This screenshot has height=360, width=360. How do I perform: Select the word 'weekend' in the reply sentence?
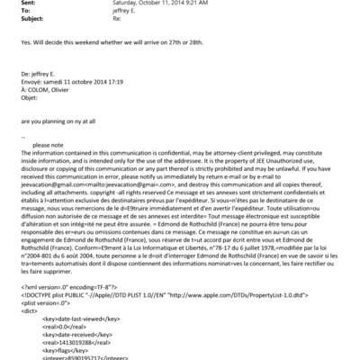(90, 42)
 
